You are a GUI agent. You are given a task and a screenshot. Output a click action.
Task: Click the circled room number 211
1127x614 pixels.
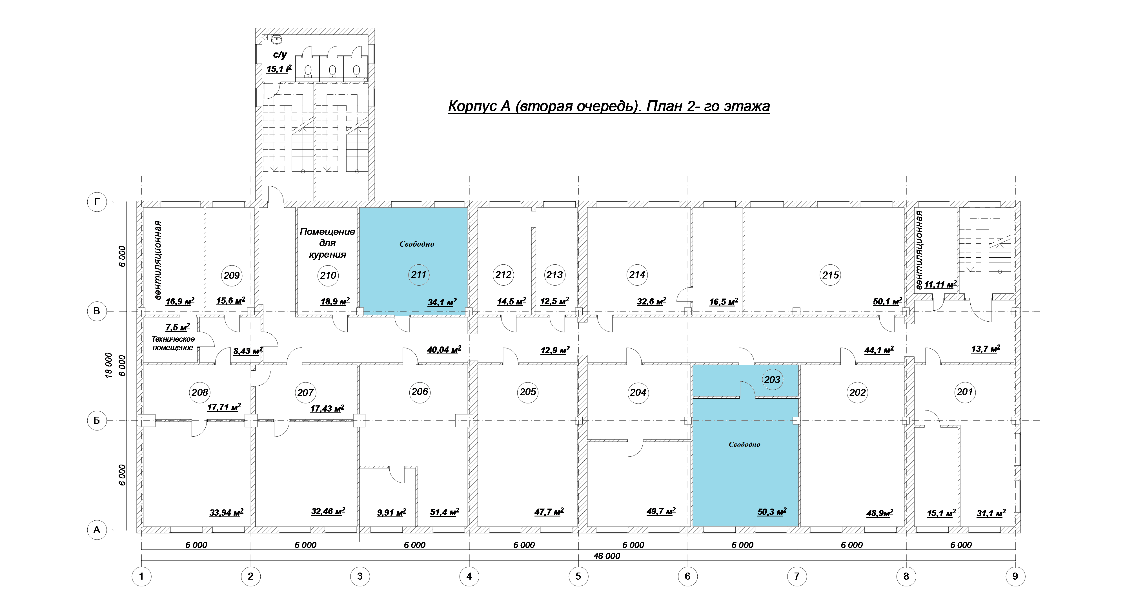[419, 275]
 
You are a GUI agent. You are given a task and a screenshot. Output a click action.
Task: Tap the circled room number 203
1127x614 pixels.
[772, 379]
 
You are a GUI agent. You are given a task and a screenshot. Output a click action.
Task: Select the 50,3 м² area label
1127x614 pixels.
[772, 512]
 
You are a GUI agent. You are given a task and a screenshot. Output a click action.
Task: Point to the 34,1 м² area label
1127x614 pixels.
[442, 302]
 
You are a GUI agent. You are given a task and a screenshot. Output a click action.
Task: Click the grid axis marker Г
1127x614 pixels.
[97, 202]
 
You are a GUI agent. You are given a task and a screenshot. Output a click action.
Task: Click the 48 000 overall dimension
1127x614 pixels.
[607, 556]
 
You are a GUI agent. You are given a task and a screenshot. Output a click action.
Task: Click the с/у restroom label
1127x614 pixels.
[280, 55]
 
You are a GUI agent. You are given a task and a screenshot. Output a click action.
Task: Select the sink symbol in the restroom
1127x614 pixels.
[276, 39]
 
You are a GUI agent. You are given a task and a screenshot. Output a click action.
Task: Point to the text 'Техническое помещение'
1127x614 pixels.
[173, 343]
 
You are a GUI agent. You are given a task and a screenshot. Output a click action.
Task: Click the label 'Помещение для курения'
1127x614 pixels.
[327, 243]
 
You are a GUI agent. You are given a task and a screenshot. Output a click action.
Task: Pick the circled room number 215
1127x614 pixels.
[830, 275]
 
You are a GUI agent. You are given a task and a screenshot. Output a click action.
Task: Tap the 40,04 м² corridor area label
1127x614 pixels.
[444, 350]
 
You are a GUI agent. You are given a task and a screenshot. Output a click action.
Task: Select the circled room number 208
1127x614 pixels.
[200, 392]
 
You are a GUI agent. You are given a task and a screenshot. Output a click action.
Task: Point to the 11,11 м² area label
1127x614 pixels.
[940, 285]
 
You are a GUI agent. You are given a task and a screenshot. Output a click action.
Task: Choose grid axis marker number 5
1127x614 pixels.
[578, 576]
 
